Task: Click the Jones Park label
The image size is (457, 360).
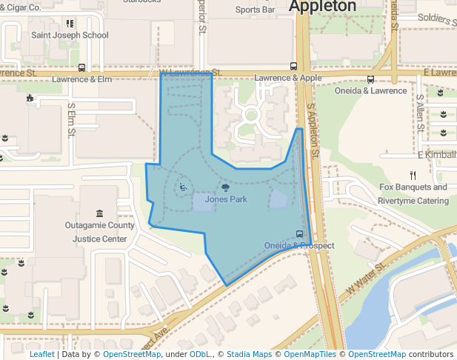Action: (226, 199)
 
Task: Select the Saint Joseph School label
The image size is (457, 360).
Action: (70, 35)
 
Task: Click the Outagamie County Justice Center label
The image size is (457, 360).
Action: (100, 232)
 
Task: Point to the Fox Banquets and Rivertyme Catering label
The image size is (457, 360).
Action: (413, 194)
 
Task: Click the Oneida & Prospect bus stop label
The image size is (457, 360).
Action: (299, 245)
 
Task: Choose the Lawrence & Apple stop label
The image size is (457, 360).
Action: (288, 78)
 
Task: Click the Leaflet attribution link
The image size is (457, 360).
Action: (41, 354)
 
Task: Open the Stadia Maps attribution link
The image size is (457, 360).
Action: (249, 354)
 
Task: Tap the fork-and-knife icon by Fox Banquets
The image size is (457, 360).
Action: (413, 176)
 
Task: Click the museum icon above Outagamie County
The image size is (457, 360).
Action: (100, 213)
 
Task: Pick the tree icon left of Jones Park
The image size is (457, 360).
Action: (225, 188)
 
